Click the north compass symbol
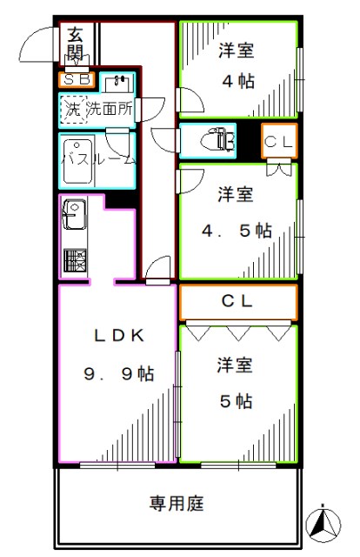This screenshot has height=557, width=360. pos(324,522)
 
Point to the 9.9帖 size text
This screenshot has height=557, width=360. pos(118,374)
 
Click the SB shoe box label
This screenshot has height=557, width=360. pos(75,82)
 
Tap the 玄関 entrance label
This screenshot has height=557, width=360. pos(76,45)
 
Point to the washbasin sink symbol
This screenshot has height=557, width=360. pos(118,84)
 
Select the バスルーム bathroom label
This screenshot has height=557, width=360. pos(97,160)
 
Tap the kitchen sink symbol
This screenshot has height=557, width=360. pos(71,213)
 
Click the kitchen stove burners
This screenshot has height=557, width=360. pos(72,260)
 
